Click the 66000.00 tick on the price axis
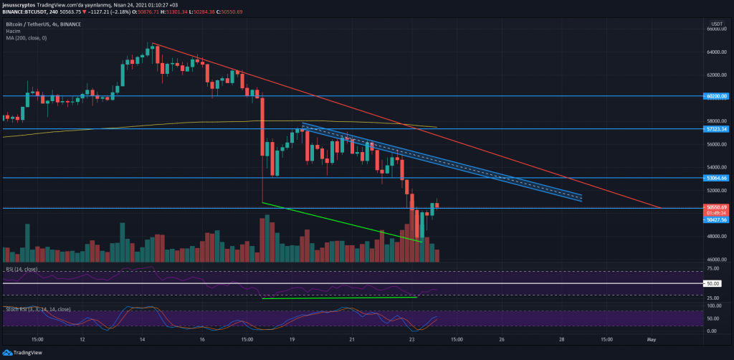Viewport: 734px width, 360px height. pyautogui.click(x=716, y=29)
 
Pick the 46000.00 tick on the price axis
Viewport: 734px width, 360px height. pyautogui.click(x=716, y=259)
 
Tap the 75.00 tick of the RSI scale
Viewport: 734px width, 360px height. pyautogui.click(x=713, y=267)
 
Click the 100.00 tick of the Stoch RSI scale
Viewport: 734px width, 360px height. pyautogui.click(x=713, y=305)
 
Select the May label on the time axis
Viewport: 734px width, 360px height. pyautogui.click(x=652, y=339)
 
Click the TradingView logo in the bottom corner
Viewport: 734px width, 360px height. pyautogui.click(x=21, y=352)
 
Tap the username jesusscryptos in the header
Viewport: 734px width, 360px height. pyautogui.click(x=22, y=4)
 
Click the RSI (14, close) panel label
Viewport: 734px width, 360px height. pyautogui.click(x=22, y=269)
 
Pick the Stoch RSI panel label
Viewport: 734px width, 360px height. pyautogui.click(x=36, y=309)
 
